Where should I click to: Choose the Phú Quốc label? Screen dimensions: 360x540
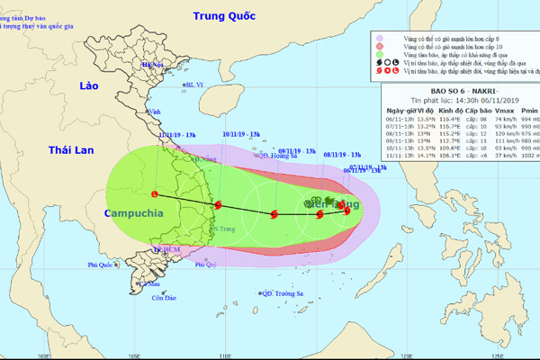click(x=103, y=265)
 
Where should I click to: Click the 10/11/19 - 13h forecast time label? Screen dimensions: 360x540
click(x=240, y=135)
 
